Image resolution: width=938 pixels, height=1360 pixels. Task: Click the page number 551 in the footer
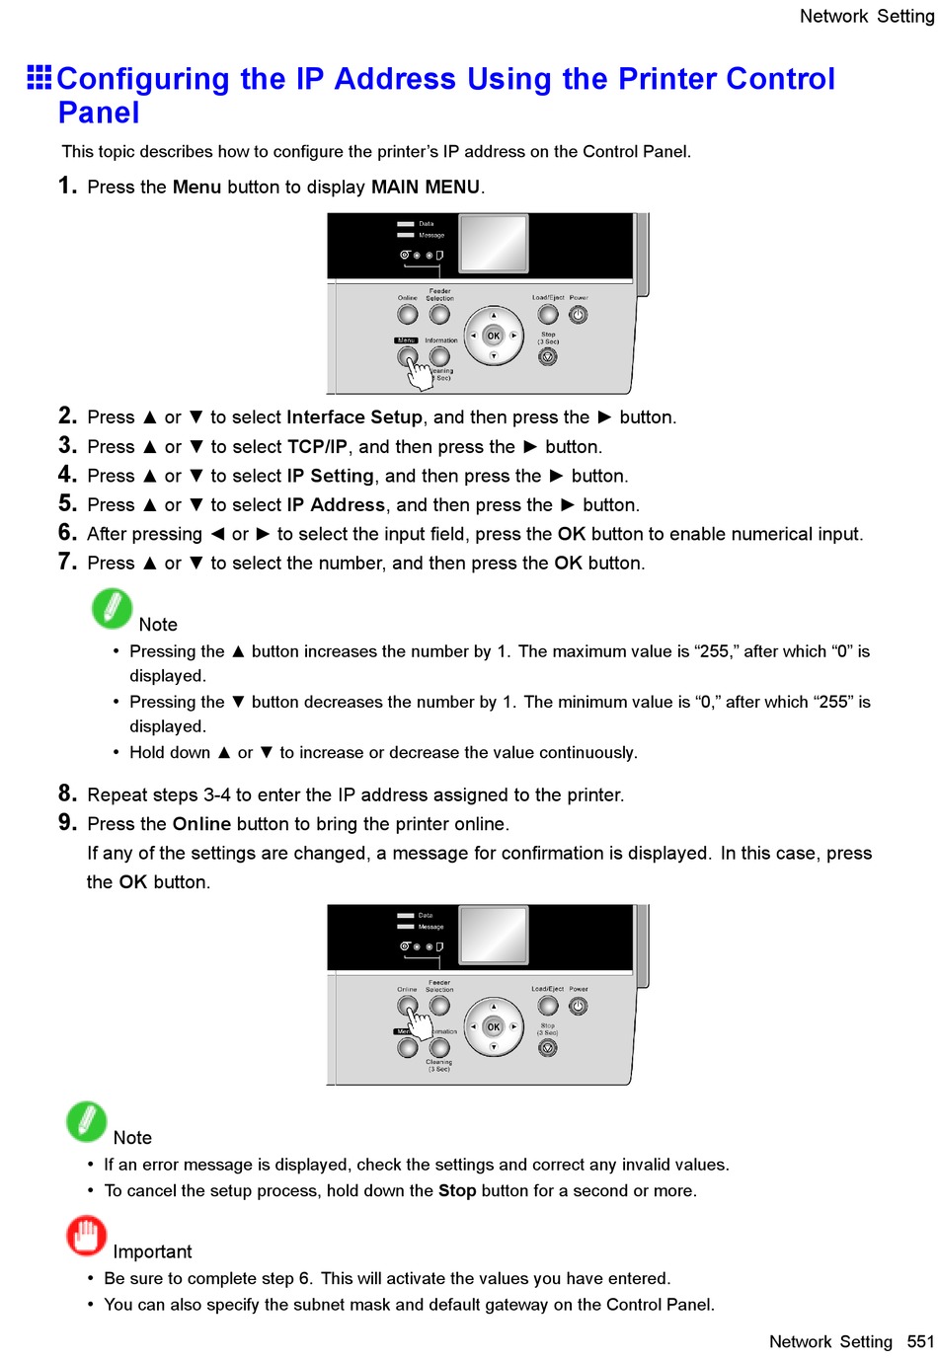pyautogui.click(x=920, y=1341)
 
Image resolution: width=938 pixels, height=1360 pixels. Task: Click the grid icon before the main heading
pyautogui.click(x=39, y=77)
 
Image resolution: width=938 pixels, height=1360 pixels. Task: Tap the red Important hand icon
pyautogui.click(x=86, y=1235)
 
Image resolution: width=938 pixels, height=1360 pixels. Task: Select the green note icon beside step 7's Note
pyautogui.click(x=112, y=608)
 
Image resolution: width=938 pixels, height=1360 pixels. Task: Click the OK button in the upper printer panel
pyautogui.click(x=494, y=336)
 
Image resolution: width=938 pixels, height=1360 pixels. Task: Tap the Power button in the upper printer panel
pyautogui.click(x=579, y=315)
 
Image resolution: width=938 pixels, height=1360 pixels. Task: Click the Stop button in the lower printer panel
pyautogui.click(x=548, y=1047)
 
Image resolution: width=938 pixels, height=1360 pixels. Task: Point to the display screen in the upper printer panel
pyautogui.click(x=494, y=243)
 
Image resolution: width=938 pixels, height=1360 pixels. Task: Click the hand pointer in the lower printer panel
pyautogui.click(x=420, y=1022)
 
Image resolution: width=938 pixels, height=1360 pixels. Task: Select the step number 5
pyautogui.click(x=67, y=503)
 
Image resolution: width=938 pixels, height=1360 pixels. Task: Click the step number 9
pyautogui.click(x=67, y=822)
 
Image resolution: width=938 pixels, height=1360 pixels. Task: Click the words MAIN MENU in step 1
pyautogui.click(x=425, y=188)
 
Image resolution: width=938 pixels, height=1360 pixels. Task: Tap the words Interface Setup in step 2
pyautogui.click(x=354, y=417)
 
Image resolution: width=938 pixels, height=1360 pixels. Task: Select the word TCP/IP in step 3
pyautogui.click(x=317, y=447)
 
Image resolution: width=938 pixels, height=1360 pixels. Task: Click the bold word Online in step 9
pyautogui.click(x=201, y=824)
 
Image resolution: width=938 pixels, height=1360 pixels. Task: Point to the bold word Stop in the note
pyautogui.click(x=457, y=1191)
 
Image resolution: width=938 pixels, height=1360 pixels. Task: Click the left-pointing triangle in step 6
pyautogui.click(x=217, y=534)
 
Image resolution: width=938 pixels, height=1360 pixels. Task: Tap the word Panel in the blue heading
pyautogui.click(x=99, y=113)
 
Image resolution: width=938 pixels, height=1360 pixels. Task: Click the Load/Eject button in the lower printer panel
pyautogui.click(x=548, y=1006)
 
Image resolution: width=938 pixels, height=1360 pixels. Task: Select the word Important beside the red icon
pyautogui.click(x=152, y=1251)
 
